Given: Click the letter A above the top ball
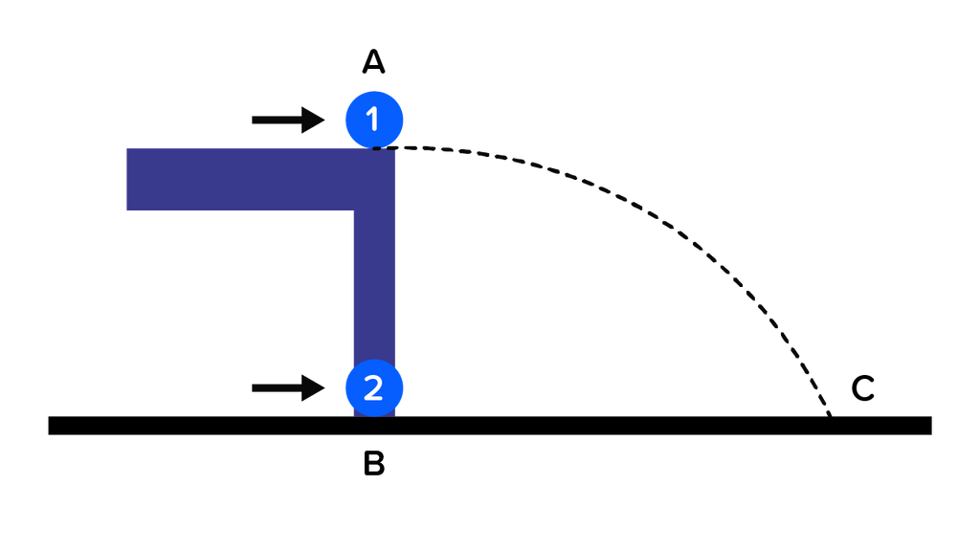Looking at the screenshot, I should tap(373, 63).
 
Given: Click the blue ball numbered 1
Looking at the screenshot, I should tap(373, 119).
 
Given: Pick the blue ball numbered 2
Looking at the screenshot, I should tap(373, 386).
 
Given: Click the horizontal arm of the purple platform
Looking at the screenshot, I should tap(239, 179).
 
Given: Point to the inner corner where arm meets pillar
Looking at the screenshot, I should tap(353, 210).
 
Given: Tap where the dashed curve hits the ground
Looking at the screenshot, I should tap(829, 414).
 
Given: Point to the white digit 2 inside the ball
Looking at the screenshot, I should tap(373, 386).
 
